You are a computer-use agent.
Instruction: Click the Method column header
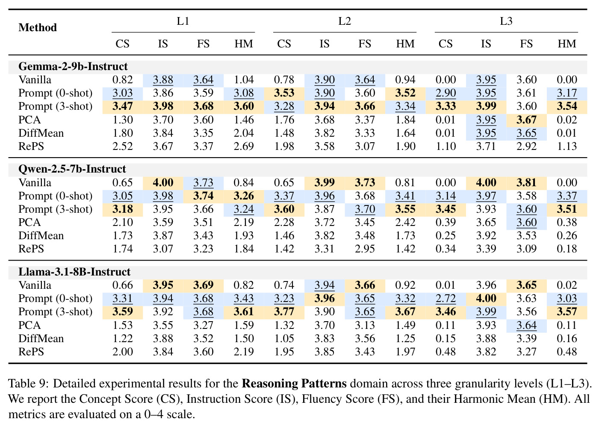click(x=38, y=27)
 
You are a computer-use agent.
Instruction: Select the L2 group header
click(x=345, y=21)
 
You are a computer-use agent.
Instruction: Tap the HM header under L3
click(x=567, y=44)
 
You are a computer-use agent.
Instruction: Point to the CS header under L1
click(x=122, y=44)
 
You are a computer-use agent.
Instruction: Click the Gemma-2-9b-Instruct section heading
click(x=73, y=66)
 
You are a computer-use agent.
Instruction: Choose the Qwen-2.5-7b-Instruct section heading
click(x=72, y=169)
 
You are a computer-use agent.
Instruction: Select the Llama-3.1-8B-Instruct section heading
click(x=74, y=272)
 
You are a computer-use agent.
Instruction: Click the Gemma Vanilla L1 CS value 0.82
click(x=122, y=79)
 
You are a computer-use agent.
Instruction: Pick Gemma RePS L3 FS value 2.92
click(x=526, y=146)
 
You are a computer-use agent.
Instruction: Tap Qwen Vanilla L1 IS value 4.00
click(x=163, y=182)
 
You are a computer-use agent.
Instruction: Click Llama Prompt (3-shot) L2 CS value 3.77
click(x=284, y=311)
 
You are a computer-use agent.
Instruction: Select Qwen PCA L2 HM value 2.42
click(x=405, y=222)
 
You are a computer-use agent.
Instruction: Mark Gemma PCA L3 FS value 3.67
click(x=526, y=120)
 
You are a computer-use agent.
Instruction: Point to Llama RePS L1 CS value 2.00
click(x=122, y=352)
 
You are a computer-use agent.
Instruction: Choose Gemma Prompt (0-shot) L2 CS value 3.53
click(x=284, y=93)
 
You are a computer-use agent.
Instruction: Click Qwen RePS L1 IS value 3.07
click(x=163, y=249)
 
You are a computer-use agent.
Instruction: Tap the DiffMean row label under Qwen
click(x=41, y=236)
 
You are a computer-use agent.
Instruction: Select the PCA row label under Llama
click(x=30, y=325)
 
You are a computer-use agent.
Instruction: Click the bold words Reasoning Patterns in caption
click(x=294, y=384)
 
